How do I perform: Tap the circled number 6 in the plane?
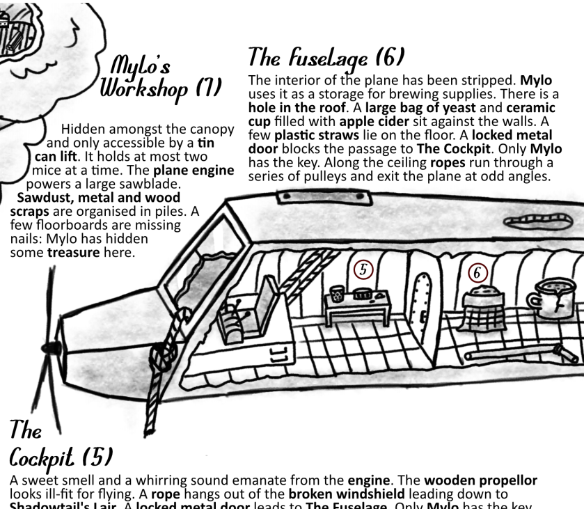pos(478,274)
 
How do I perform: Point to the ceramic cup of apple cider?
pos(555,300)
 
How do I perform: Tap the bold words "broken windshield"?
pos(337,494)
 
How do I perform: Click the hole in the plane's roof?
pos(539,222)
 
